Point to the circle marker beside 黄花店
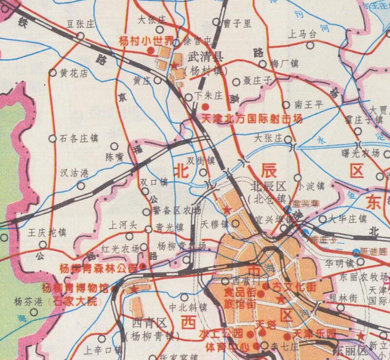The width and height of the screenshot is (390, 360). (x=53, y=73)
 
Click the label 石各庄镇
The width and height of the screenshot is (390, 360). (x=78, y=139)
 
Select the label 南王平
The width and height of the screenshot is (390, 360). (x=310, y=104)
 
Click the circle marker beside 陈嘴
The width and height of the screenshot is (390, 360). (x=114, y=146)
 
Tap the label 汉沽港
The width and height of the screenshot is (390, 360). (x=74, y=173)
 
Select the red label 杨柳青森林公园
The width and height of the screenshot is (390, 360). (x=98, y=268)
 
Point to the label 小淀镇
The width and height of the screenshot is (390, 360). (x=312, y=185)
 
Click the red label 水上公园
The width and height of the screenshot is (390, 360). (x=221, y=334)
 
